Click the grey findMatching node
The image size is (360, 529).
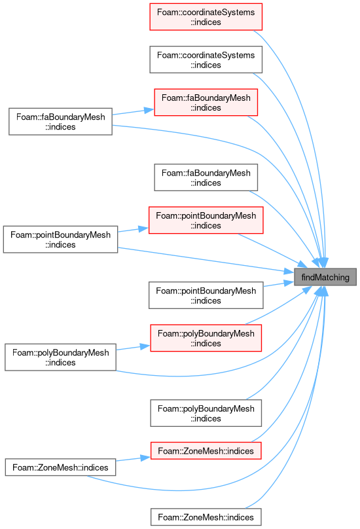click(325, 277)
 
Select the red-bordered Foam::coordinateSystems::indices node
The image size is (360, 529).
click(206, 17)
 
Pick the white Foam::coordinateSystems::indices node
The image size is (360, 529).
click(206, 60)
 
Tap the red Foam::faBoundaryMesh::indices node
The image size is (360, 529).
click(206, 103)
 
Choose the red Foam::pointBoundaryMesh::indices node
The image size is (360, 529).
click(206, 220)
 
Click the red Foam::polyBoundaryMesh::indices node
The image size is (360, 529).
click(206, 338)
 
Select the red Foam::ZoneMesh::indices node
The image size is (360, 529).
click(206, 450)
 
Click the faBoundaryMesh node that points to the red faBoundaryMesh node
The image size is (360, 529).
click(60, 122)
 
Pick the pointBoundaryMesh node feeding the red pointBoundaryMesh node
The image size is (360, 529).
click(60, 239)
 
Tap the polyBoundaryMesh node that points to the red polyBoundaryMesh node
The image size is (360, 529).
click(60, 357)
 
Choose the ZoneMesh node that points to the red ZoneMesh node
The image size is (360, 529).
click(60, 467)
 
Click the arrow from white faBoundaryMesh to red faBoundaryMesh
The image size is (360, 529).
click(134, 112)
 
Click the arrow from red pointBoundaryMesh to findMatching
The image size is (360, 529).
click(272, 249)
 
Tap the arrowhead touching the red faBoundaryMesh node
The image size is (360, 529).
click(149, 110)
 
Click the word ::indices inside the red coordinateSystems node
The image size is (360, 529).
click(206, 22)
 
